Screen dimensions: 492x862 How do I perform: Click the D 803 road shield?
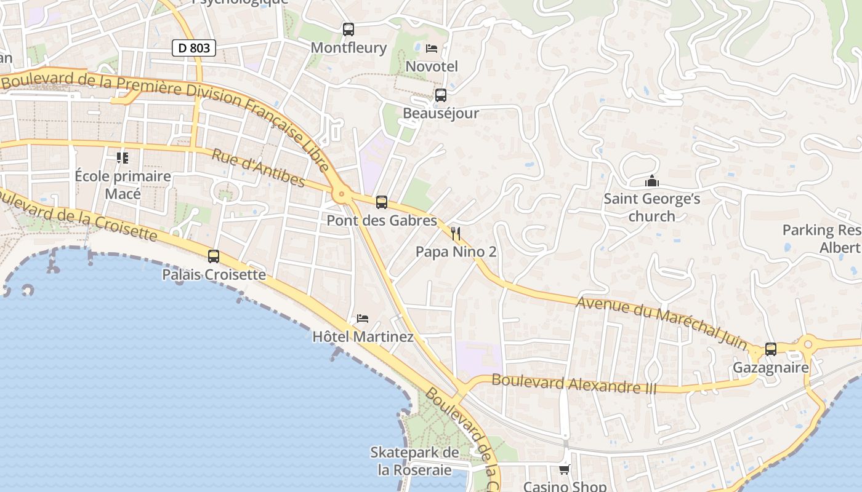(194, 47)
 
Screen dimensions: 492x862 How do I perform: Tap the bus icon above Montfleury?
(348, 29)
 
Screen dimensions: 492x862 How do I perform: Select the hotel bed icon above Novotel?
(432, 48)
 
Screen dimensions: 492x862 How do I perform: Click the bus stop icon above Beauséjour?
(440, 95)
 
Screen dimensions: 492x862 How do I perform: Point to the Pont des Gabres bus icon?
(382, 202)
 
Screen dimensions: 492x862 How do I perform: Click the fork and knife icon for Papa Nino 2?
(456, 234)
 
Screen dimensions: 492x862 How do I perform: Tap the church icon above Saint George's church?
(651, 181)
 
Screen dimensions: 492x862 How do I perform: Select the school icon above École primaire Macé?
(123, 158)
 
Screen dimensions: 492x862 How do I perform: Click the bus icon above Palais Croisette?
(214, 256)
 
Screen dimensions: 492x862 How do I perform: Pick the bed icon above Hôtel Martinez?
(363, 319)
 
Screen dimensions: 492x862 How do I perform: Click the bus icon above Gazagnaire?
(770, 349)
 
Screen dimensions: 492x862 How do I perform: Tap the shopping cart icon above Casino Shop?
(564, 469)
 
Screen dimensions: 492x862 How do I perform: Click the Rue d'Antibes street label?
(258, 167)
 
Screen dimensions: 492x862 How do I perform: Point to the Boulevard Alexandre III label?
(574, 384)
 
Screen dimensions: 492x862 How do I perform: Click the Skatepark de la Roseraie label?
(414, 461)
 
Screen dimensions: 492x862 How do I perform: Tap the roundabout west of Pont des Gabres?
(342, 195)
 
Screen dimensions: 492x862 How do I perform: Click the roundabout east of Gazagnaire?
(808, 343)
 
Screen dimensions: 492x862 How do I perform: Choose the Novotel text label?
(432, 66)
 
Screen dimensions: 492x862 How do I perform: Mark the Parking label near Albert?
(821, 231)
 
